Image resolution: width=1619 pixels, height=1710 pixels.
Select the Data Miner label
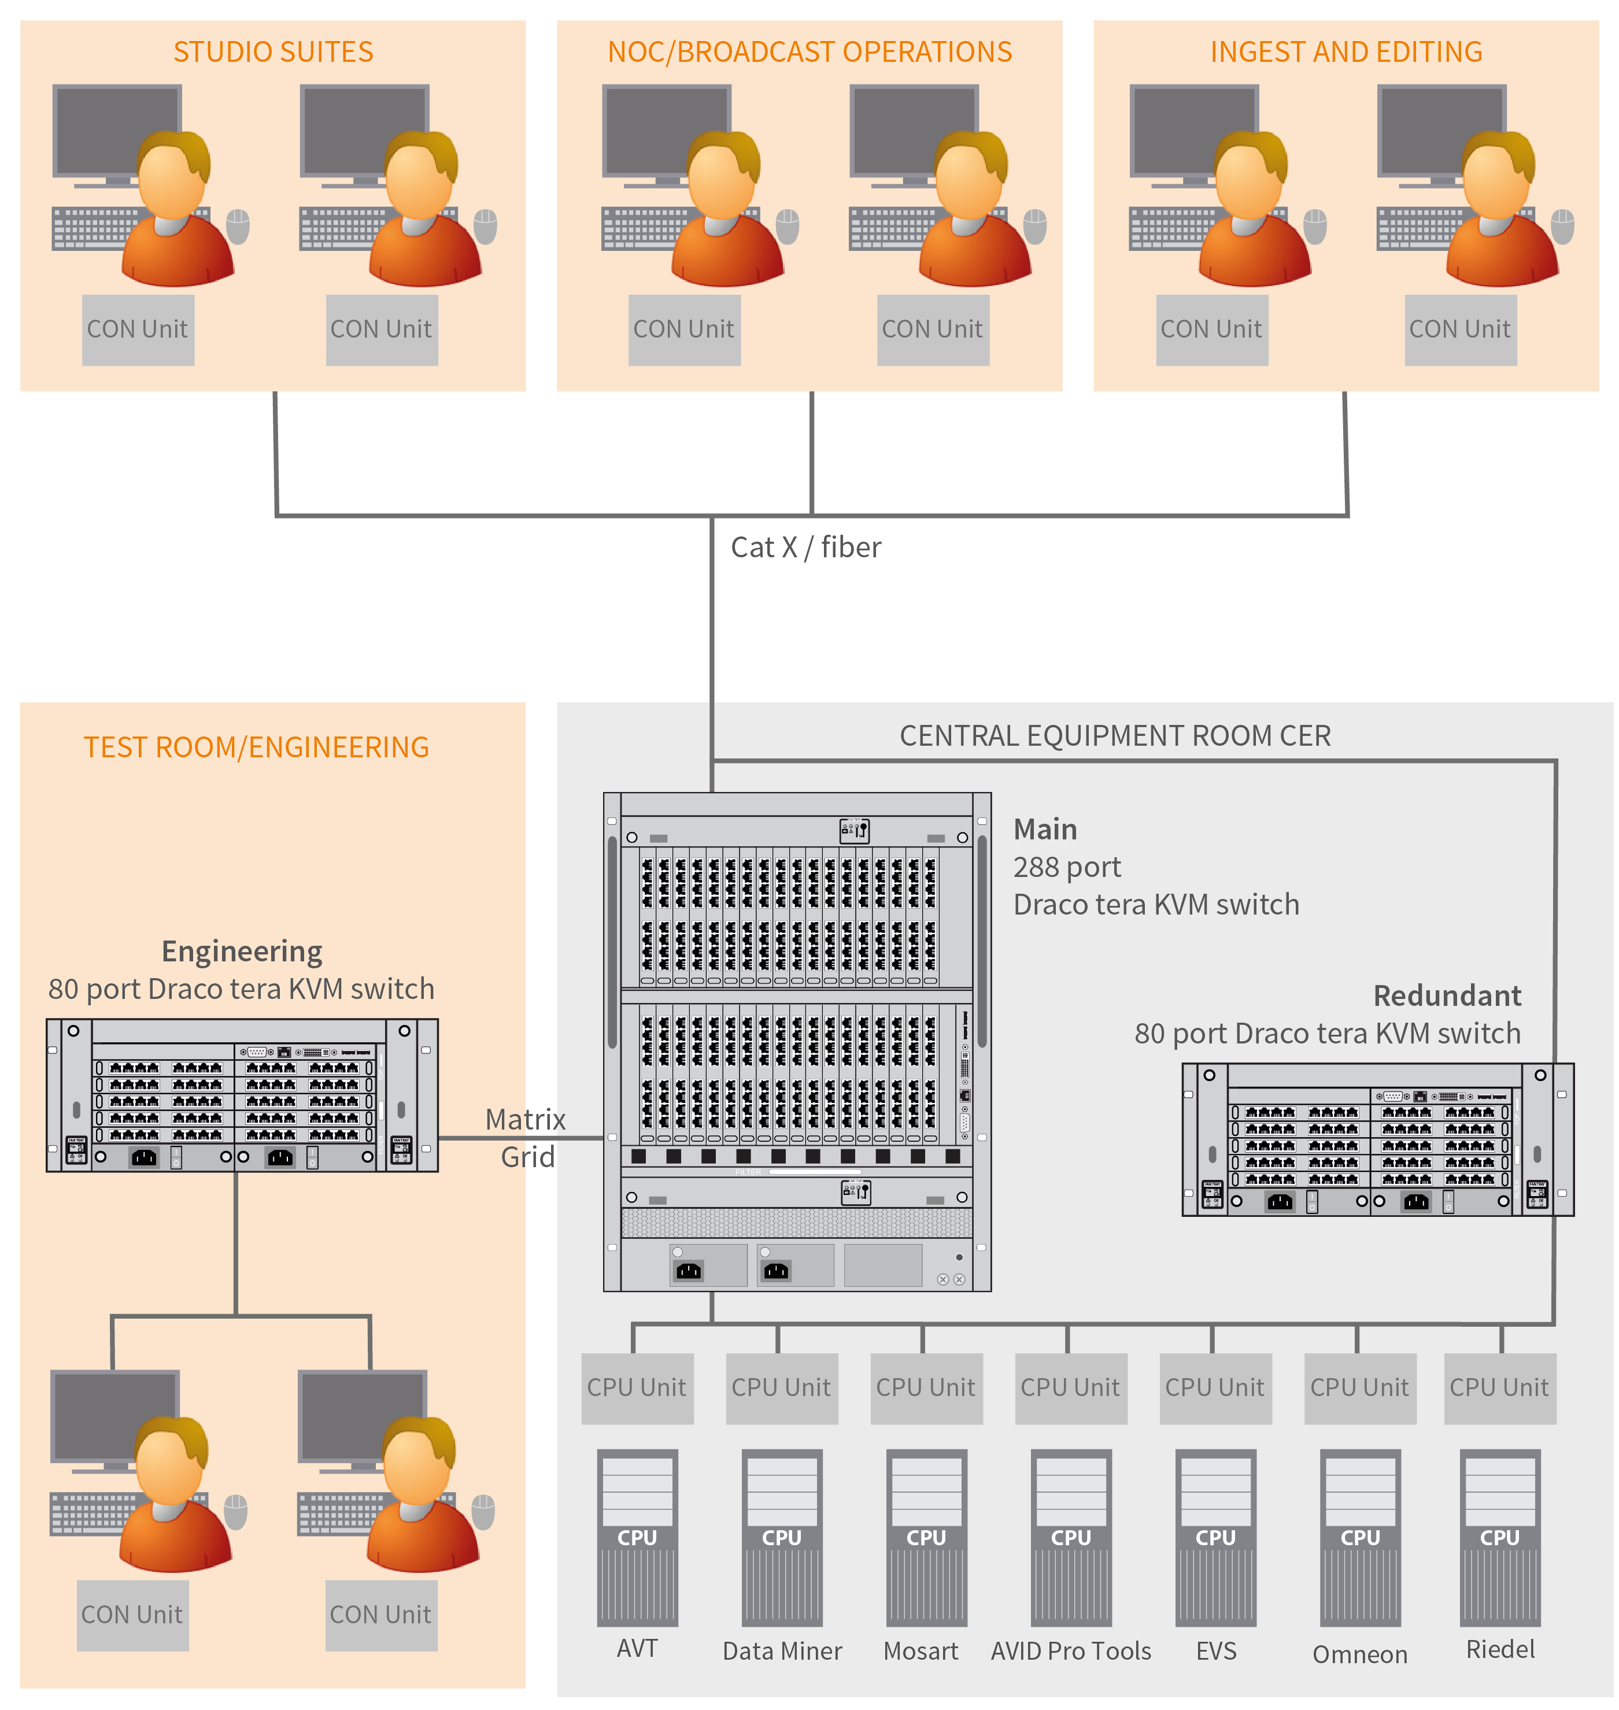782,1650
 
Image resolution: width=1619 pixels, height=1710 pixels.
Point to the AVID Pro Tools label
1070,1650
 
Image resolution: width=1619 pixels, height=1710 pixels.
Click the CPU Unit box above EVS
1215,1387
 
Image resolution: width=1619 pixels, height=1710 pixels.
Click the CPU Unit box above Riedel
1499,1387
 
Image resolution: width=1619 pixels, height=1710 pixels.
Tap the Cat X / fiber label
805,547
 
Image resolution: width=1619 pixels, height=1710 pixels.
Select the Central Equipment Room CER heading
1114,736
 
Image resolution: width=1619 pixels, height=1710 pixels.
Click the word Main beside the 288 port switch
1044,829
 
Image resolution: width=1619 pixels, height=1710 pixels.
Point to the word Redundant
1446,995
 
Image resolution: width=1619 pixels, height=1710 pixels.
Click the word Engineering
242,951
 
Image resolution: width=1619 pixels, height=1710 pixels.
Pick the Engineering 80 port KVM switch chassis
242,1095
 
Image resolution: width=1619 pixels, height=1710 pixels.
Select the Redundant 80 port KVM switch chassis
1377,1140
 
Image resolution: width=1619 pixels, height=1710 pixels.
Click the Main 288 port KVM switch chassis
797,1041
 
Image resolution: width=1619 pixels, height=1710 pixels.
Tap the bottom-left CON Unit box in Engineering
132,1614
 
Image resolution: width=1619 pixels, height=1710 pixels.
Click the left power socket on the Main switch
689,1270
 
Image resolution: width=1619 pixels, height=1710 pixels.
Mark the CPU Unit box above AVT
637,1387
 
